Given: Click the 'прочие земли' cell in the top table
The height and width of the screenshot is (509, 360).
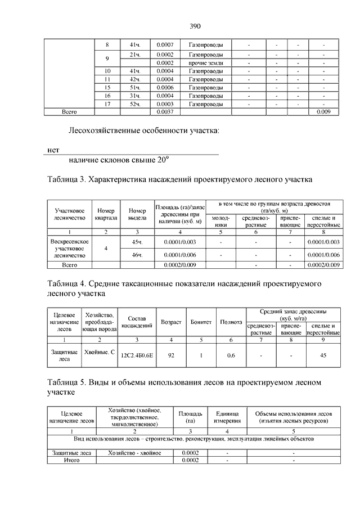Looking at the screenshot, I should click(x=206, y=63).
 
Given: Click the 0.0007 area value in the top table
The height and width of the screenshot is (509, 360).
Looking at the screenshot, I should click(x=165, y=44).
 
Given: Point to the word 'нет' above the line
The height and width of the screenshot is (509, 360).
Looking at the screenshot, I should click(x=53, y=150).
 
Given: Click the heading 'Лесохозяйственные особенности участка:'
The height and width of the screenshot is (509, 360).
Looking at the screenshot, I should click(x=143, y=132).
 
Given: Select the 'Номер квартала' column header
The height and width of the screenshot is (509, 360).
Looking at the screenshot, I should click(x=105, y=214).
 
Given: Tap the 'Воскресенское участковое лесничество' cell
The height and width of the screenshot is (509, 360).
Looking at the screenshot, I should click(x=70, y=248).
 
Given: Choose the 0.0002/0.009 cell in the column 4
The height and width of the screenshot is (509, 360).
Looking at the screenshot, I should click(x=178, y=264).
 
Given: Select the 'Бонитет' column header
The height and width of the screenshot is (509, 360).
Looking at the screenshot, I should click(x=201, y=322).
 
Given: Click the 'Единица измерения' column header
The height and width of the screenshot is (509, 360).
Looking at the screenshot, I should click(x=227, y=417).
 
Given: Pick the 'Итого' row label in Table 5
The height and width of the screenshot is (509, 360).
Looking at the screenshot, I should click(x=70, y=460).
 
